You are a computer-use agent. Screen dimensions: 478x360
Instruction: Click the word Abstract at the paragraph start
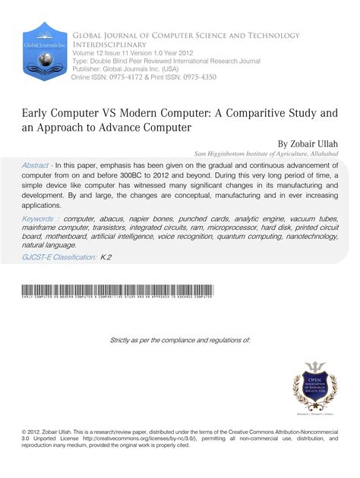[39, 164]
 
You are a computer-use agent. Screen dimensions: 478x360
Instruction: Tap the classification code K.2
[106, 258]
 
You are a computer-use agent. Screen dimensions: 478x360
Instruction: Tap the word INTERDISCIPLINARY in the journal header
[109, 44]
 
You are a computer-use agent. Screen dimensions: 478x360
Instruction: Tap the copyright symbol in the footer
[25, 430]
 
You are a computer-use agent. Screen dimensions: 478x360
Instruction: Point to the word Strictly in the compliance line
[123, 339]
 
